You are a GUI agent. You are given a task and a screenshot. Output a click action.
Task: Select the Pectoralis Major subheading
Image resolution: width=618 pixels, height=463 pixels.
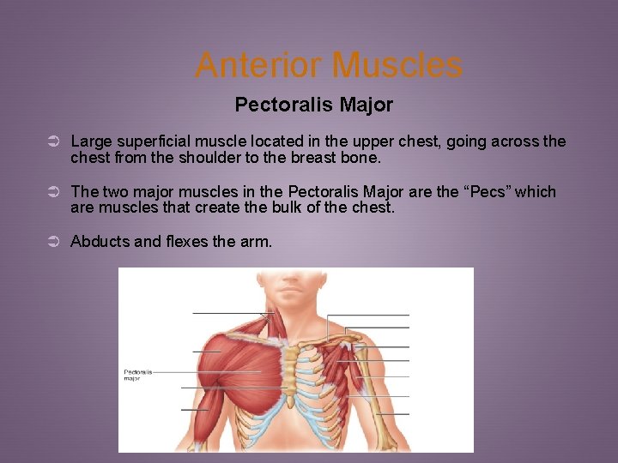coord(313,105)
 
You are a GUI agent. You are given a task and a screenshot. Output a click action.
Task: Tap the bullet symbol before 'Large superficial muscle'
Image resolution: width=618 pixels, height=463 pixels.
coord(52,141)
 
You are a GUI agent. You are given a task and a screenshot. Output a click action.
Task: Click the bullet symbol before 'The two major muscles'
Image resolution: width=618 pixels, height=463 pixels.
coord(52,192)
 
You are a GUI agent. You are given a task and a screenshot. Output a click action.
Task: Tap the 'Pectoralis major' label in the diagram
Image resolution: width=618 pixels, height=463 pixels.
coord(138,375)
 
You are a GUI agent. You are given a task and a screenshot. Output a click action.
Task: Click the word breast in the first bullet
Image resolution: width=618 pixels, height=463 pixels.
coord(323,159)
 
